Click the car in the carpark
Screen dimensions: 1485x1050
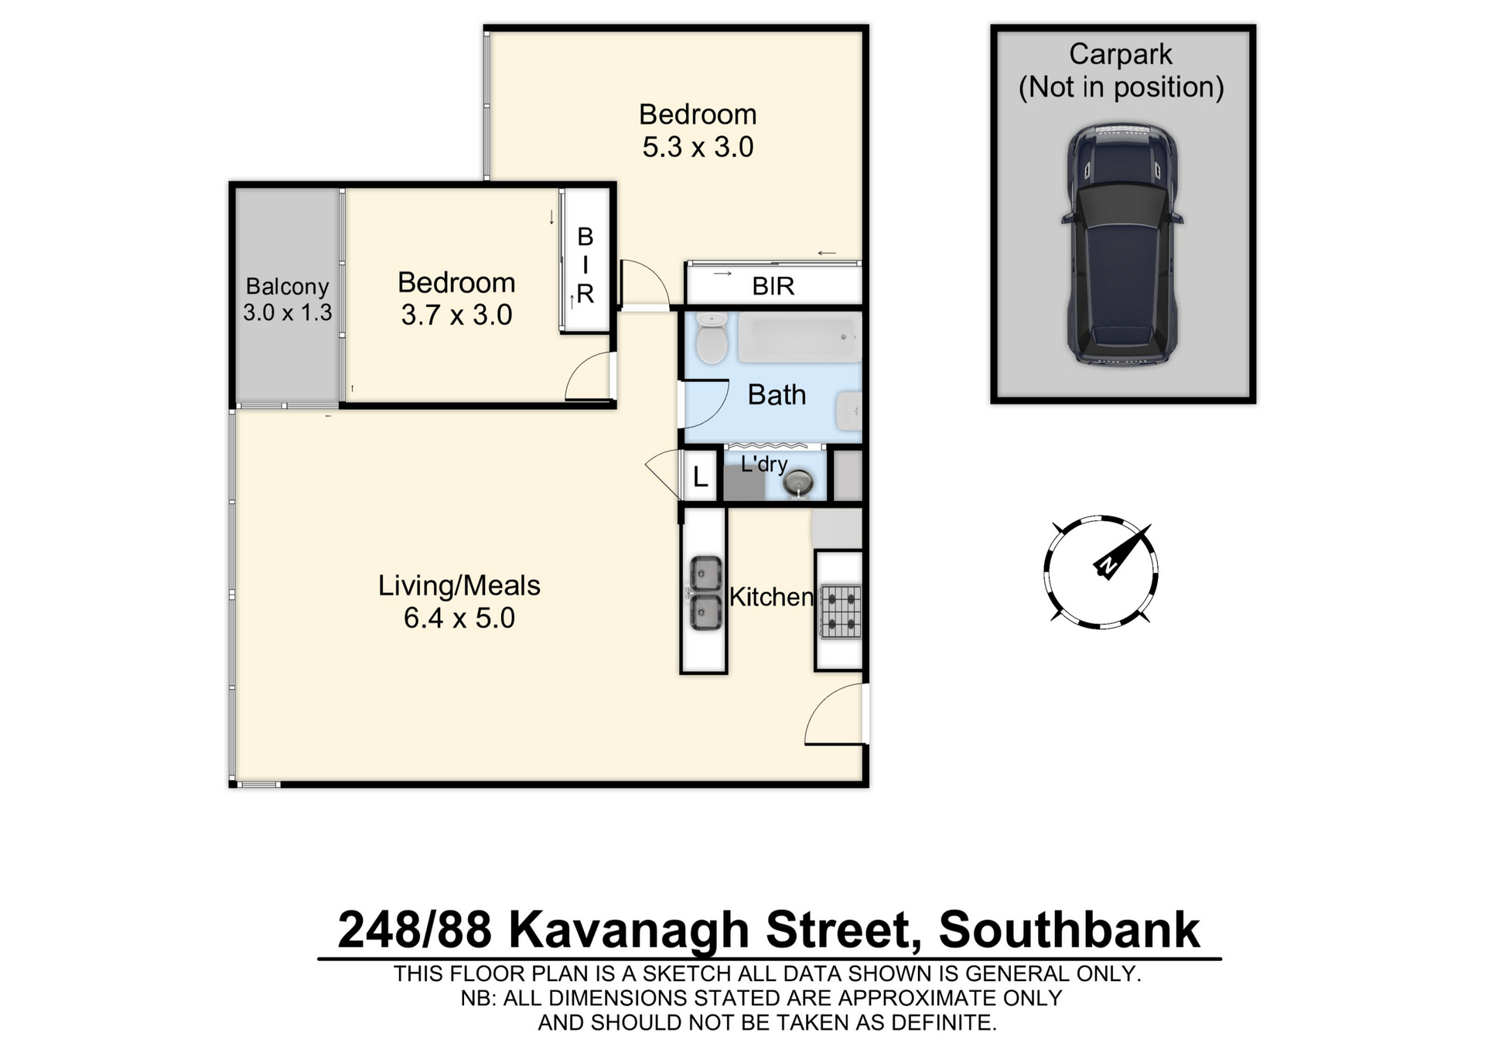point(1122,244)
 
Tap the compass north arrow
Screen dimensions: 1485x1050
point(1121,551)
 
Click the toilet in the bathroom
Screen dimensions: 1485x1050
point(711,338)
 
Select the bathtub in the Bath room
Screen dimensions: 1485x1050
point(799,337)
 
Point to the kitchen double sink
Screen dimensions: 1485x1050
point(705,593)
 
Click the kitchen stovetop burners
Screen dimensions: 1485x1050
point(841,611)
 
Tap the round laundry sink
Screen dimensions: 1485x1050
point(798,483)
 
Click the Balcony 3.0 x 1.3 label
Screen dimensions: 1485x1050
point(288,299)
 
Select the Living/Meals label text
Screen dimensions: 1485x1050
point(459,585)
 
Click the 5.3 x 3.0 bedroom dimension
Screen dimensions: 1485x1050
point(698,147)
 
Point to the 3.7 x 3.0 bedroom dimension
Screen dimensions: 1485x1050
point(456,315)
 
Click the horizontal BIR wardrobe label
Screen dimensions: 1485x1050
point(773,286)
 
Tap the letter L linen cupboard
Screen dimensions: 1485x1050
point(701,477)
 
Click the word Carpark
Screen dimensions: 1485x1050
point(1121,54)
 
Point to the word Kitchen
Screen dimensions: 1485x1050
point(771,597)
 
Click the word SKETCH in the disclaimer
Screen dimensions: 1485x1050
point(688,974)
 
